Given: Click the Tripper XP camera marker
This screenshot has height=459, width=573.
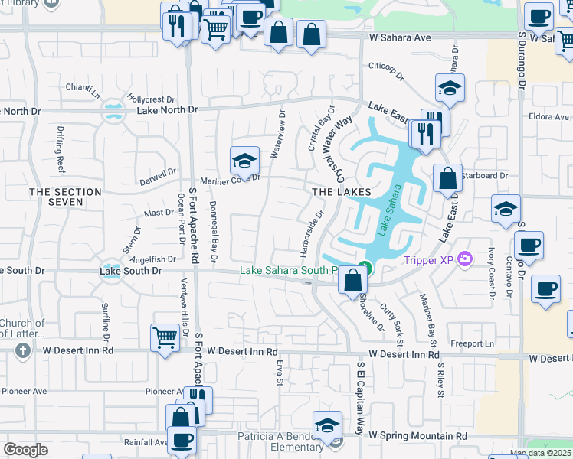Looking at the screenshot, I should click(464, 260).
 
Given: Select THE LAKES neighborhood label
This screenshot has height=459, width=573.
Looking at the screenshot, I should click(342, 191).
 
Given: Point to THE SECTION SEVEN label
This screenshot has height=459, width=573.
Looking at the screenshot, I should click(65, 197).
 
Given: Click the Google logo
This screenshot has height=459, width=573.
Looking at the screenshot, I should click(25, 450).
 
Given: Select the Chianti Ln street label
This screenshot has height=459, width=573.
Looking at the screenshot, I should click(82, 91).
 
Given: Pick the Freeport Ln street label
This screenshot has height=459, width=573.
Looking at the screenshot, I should click(472, 343).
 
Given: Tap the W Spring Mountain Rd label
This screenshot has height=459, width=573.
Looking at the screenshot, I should click(417, 435).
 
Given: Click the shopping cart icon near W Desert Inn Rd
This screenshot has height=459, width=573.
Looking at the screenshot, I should click(166, 337).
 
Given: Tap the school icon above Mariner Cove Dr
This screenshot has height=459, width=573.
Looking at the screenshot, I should click(244, 161).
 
